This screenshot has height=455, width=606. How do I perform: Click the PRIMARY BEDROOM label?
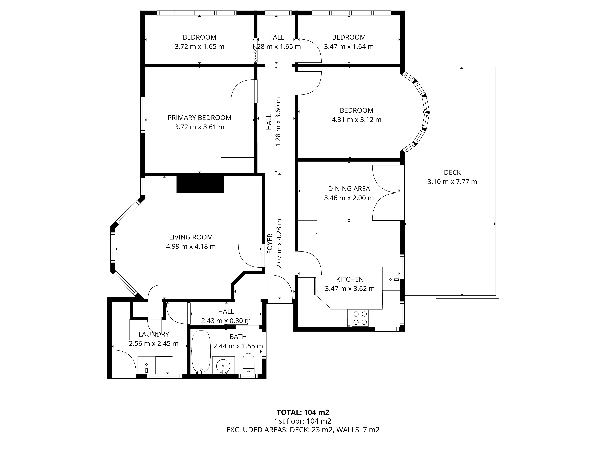click(x=199, y=118)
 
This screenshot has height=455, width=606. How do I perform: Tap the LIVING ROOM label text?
click(x=191, y=237)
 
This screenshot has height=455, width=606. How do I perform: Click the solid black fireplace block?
click(x=200, y=184)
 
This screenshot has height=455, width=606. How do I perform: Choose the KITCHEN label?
click(x=350, y=280)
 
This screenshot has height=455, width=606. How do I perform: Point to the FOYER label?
click(x=270, y=244)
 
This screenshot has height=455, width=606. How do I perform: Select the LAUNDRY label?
click(x=154, y=334)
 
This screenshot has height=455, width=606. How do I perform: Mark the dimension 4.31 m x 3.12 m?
click(x=356, y=120)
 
